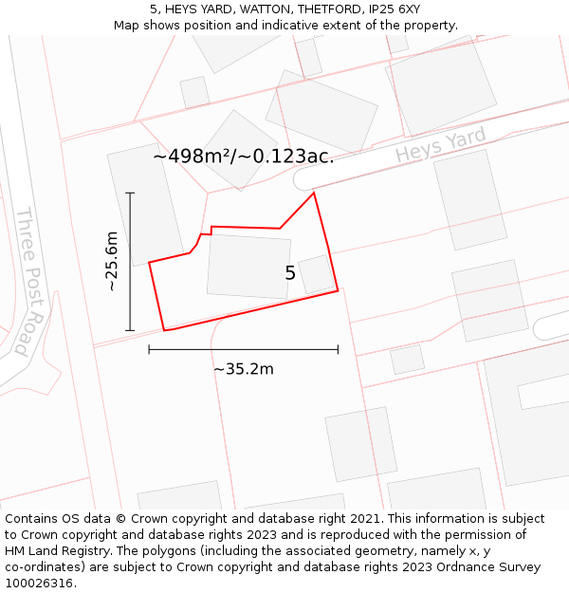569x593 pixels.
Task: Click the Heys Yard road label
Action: tap(440, 144)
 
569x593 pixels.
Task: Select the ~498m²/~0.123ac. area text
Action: tap(243, 157)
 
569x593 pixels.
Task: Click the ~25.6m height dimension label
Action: tap(112, 261)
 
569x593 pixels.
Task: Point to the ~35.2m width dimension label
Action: tap(243, 369)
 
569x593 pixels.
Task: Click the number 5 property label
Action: tap(290, 273)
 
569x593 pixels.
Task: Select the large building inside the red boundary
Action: tap(248, 267)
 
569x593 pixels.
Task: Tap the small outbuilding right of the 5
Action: tap(316, 274)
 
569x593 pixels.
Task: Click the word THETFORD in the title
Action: tap(321, 9)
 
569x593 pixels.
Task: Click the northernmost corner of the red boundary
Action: tap(314, 193)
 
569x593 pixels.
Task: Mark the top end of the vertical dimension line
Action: tap(130, 193)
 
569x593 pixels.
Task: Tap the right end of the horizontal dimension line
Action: tap(338, 349)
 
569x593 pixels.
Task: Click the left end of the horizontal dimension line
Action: tap(149, 349)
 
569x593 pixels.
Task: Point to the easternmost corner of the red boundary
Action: tap(338, 290)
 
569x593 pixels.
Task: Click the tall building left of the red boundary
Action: tap(145, 205)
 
